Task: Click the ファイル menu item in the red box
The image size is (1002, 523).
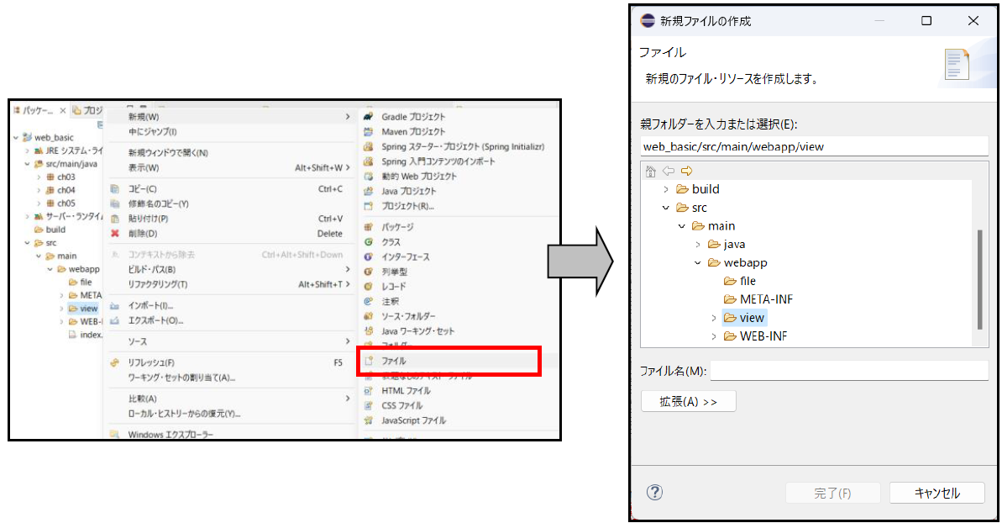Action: pos(394,361)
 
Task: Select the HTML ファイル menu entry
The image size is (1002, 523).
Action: pos(406,391)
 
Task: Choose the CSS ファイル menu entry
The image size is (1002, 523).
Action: pos(401,405)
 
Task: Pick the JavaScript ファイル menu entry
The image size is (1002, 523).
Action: pos(413,420)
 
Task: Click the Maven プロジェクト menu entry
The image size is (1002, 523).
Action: pos(413,132)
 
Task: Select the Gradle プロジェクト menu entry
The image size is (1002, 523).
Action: pos(413,117)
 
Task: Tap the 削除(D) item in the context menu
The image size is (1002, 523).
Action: pos(143,234)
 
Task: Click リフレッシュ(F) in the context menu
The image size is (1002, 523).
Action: pos(151,362)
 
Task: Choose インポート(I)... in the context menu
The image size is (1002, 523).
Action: pos(150,305)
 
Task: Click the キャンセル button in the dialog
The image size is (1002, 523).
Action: pos(936,494)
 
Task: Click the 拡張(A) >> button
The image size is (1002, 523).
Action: pos(688,402)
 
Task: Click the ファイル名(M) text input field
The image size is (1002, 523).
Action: pos(848,371)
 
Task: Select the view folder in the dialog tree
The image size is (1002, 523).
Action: pos(752,318)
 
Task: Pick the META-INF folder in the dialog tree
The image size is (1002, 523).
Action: pos(766,299)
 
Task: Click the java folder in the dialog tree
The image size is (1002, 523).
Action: pos(734,244)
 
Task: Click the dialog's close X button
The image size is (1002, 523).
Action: pos(973,21)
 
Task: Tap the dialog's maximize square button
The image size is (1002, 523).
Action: pos(926,21)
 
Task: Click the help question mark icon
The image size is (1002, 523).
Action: pos(655,493)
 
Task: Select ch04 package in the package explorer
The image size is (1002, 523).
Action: pos(66,190)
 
